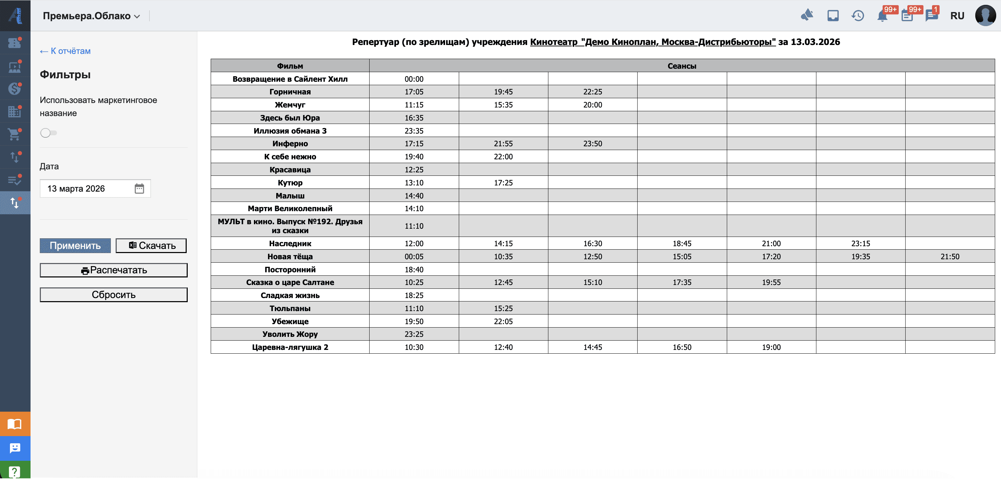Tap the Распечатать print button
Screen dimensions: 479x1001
pos(114,270)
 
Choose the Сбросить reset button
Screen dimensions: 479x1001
pos(114,295)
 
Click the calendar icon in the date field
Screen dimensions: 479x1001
pos(139,189)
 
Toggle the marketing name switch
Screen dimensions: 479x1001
pos(48,133)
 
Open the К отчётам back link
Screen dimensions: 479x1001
pos(65,51)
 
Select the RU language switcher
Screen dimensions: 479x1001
pos(957,16)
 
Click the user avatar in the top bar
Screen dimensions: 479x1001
pos(985,15)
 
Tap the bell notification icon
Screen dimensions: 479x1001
pos(882,16)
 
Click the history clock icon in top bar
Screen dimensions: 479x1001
pos(858,16)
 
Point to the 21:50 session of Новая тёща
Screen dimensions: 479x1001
pos(950,256)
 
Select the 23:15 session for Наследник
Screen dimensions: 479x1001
pos(860,243)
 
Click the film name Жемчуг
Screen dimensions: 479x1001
pos(290,105)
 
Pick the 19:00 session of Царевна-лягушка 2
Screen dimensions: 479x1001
pos(771,347)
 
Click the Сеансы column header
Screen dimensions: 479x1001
pos(682,66)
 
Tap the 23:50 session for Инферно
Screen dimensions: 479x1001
pos(592,144)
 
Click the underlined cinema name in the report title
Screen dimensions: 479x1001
pos(652,42)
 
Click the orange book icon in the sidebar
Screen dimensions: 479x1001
pos(15,424)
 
